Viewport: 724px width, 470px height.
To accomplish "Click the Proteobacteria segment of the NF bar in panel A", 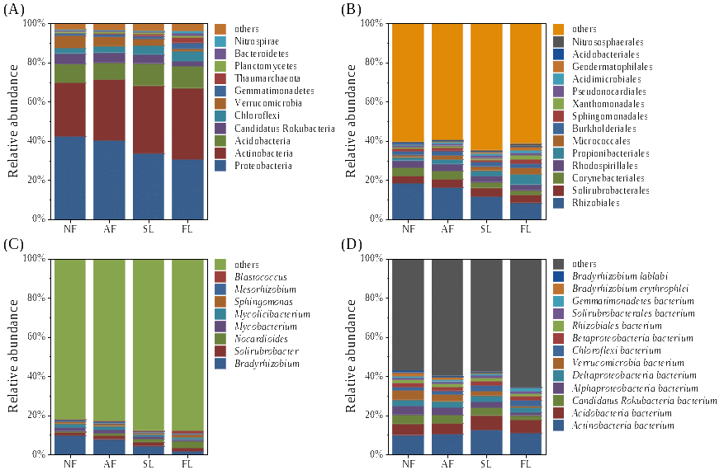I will click(69, 177).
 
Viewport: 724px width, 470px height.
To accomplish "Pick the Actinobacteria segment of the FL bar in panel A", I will click(188, 124).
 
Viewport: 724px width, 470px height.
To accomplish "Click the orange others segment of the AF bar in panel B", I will click(447, 82).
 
